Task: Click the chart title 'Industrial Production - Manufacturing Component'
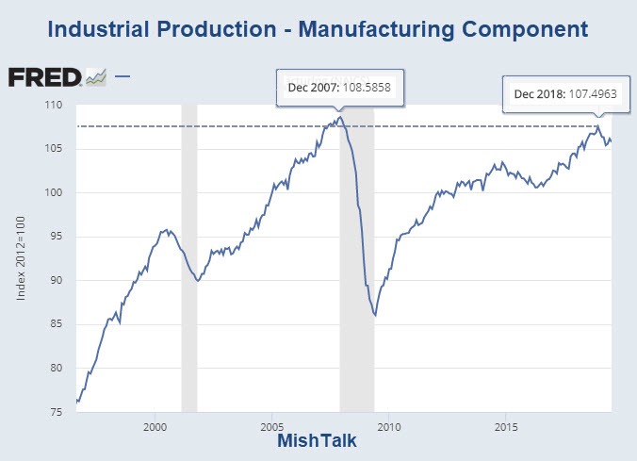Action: pos(318,29)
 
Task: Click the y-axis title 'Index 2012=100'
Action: pos(23,259)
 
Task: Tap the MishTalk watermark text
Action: pos(318,441)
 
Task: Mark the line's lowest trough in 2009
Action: pos(375,315)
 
